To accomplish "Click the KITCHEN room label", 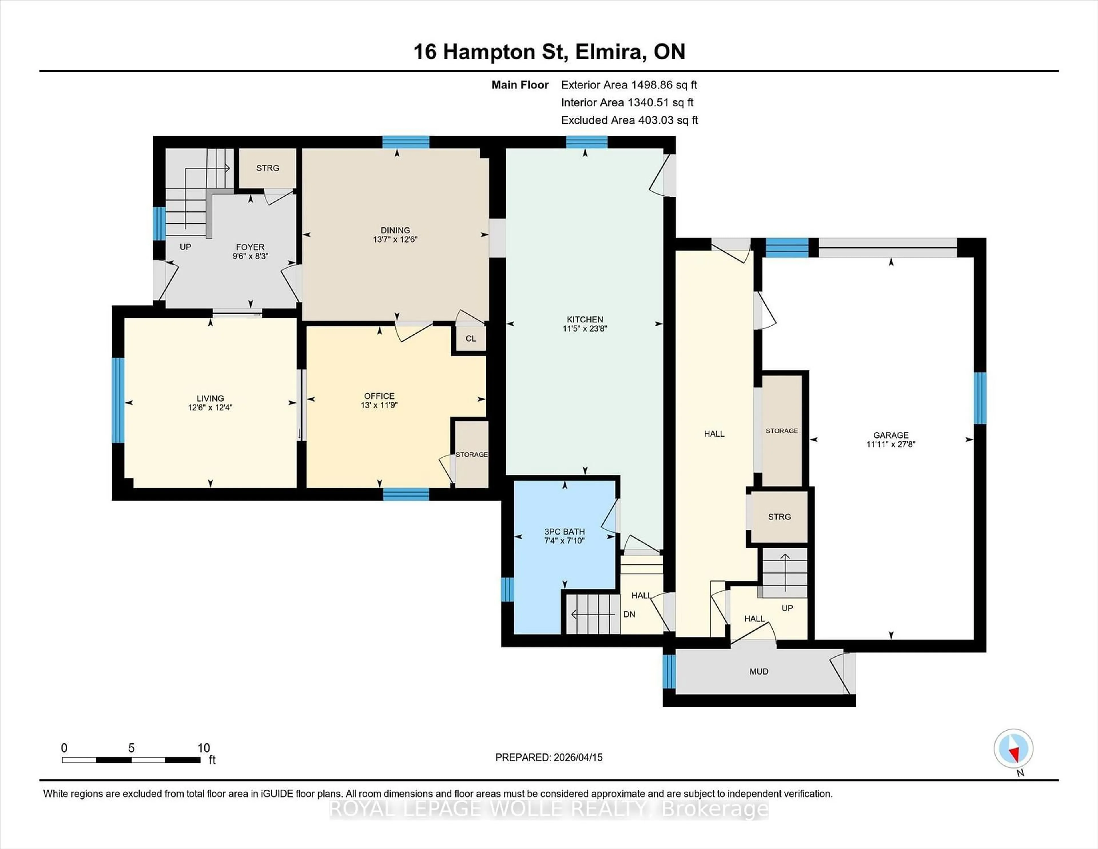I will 585,320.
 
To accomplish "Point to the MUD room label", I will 759,671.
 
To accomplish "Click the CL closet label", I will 471,338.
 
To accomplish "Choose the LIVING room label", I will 210,398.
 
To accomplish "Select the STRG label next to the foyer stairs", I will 267,168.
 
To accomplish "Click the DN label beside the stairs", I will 629,614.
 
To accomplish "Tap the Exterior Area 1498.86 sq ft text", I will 629,85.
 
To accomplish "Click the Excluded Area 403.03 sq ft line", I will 629,120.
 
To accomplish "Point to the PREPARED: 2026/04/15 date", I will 548,757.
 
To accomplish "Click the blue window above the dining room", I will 406,142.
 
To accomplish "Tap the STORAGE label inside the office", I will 472,454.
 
